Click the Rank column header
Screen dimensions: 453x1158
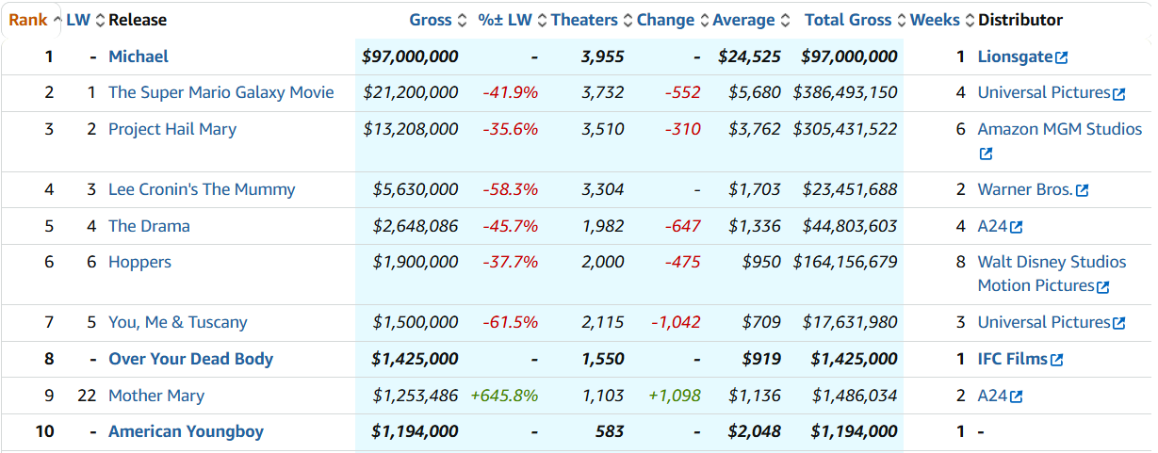[x=28, y=20]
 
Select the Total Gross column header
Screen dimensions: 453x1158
[x=848, y=20]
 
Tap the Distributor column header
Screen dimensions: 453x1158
[x=1020, y=20]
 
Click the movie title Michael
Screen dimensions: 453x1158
[x=139, y=57]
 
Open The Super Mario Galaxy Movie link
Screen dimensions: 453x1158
[x=220, y=92]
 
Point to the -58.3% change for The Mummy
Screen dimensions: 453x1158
[x=510, y=189]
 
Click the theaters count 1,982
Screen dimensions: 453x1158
[x=603, y=226]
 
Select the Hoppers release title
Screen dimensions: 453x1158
[x=139, y=262]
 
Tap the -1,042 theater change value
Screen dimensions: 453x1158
[x=676, y=322]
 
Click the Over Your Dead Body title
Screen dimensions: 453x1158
[x=190, y=359]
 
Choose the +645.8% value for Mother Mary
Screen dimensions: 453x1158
[x=504, y=396]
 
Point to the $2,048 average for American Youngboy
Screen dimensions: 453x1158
[x=754, y=431]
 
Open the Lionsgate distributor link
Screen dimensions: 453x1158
[x=1015, y=57]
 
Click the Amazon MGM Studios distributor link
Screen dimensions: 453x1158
[x=1059, y=129]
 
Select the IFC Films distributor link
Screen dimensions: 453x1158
[x=1012, y=359]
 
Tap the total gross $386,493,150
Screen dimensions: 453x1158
[x=845, y=92]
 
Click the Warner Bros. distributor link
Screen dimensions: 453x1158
[x=1025, y=189]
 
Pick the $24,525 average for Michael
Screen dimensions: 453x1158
[x=749, y=57]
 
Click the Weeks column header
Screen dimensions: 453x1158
[x=935, y=20]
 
